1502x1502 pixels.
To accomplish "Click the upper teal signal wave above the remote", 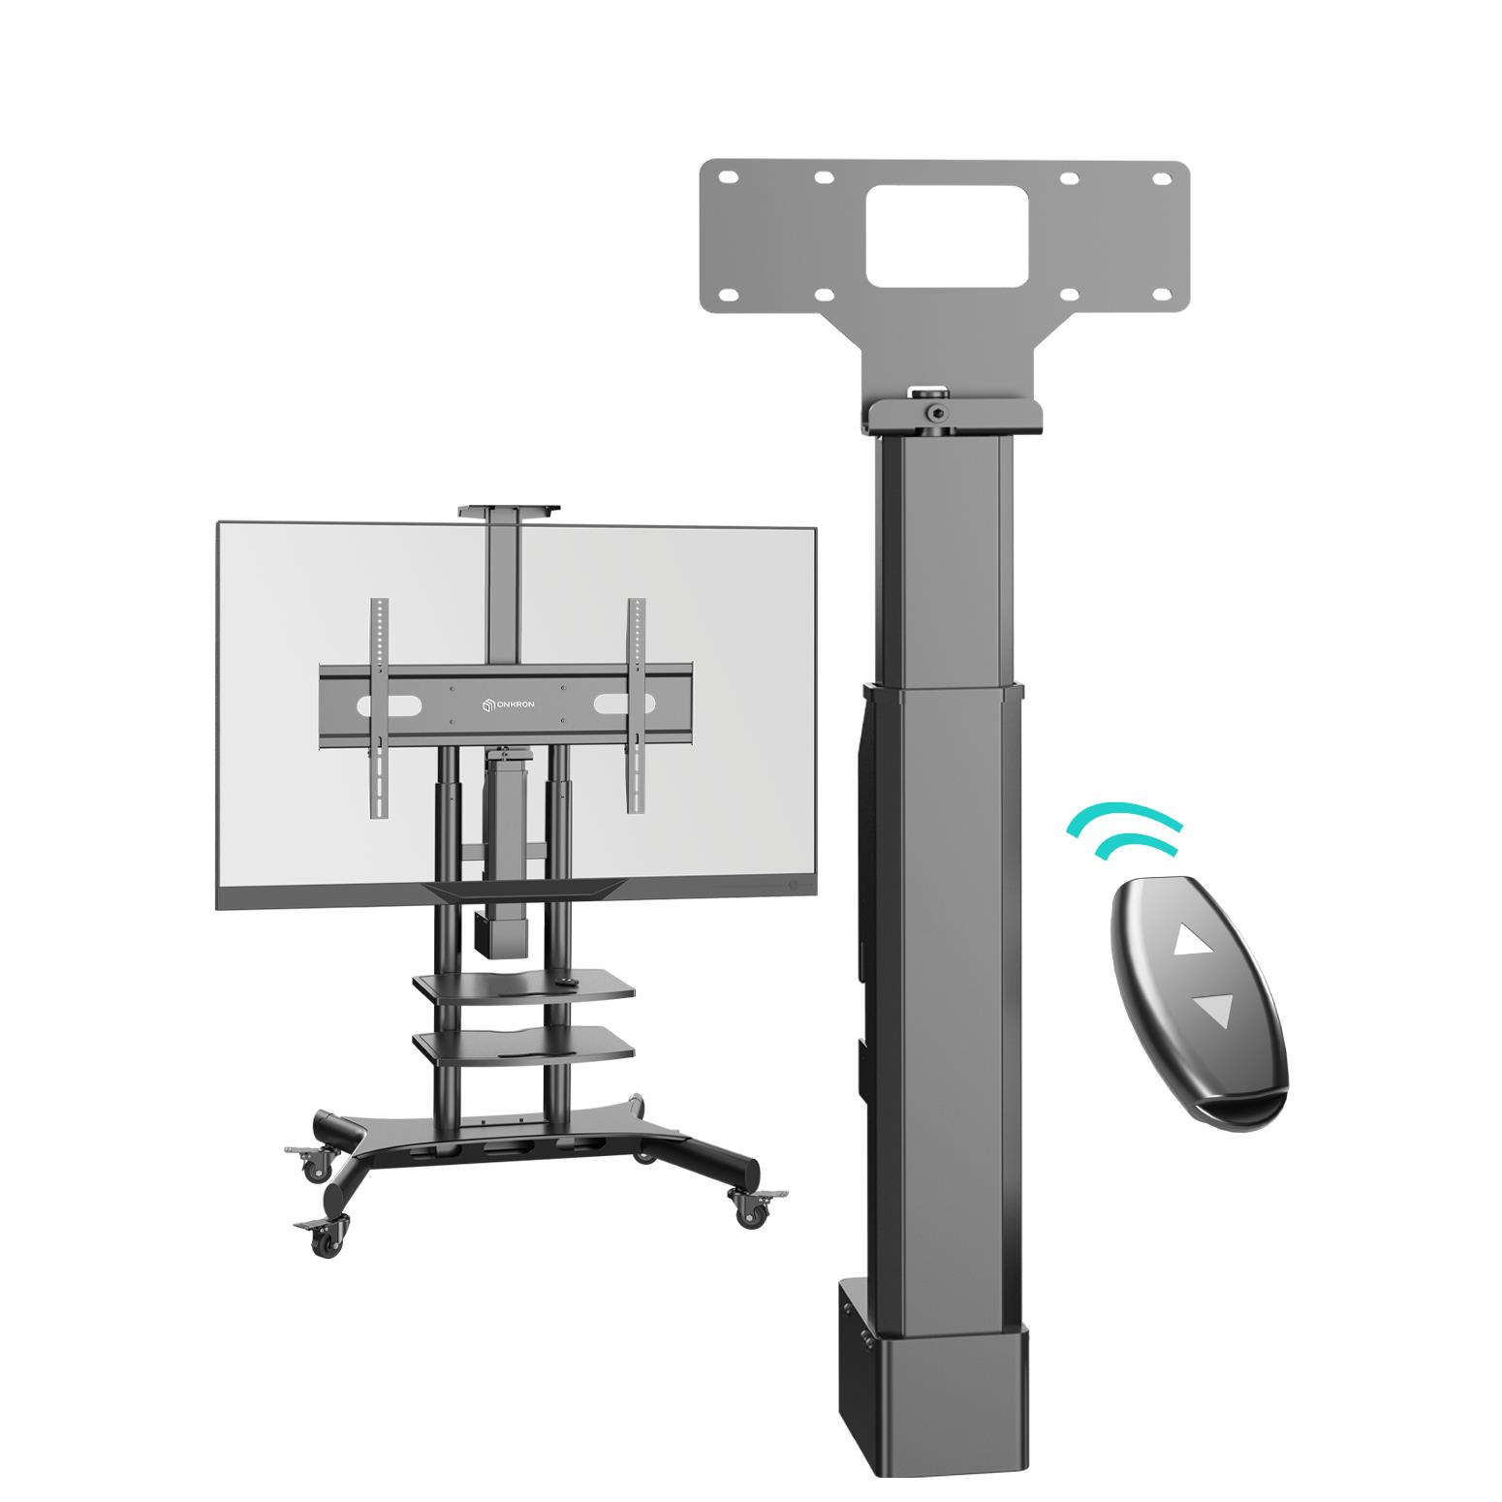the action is pyautogui.click(x=1124, y=817).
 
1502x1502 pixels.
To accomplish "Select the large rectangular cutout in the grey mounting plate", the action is pyautogui.click(x=946, y=235).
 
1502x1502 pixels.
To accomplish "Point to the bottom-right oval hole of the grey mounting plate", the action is pyautogui.click(x=1071, y=295).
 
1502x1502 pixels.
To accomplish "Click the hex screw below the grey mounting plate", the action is pyautogui.click(x=936, y=413).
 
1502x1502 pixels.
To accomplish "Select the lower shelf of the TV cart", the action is pyautogui.click(x=523, y=1044).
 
